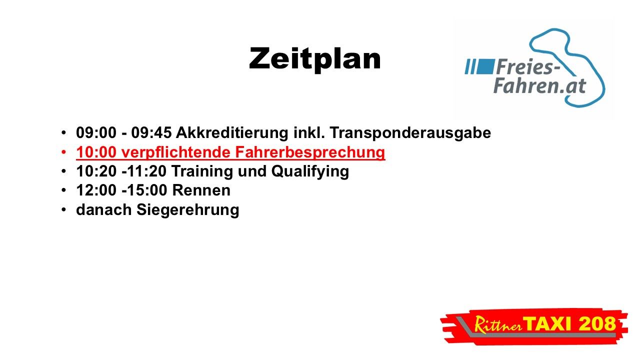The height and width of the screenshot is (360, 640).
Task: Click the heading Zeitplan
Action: coord(315,59)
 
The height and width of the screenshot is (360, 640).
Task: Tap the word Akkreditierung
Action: coord(231,133)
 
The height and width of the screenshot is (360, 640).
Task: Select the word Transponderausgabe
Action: coord(410,133)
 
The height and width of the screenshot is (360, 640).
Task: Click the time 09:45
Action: coord(151,133)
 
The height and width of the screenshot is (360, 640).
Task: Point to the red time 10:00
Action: coord(96,152)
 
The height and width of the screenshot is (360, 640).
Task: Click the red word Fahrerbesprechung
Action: coord(310,152)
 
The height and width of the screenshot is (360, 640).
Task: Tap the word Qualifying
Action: coord(310,171)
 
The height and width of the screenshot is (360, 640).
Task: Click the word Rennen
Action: coord(201,190)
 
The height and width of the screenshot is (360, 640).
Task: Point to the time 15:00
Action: coord(147,190)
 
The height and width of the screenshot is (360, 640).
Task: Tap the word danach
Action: coord(103,210)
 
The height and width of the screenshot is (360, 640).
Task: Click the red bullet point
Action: coord(63,152)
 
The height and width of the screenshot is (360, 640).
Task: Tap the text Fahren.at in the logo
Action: coord(539,85)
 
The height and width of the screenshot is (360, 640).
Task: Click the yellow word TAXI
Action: coord(547,324)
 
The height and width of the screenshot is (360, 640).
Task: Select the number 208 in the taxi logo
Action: coord(597,324)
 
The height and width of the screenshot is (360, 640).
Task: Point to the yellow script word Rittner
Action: coord(498,325)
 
